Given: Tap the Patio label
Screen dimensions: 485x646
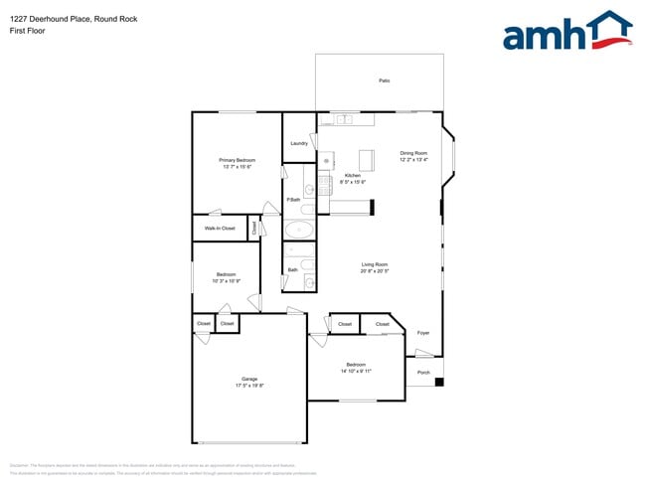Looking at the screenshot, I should coord(384,81).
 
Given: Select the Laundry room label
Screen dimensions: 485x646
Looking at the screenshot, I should coord(298,143).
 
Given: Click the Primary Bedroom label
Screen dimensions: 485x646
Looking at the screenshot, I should coord(238,160).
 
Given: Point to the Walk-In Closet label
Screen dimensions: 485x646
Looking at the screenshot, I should coord(220,229).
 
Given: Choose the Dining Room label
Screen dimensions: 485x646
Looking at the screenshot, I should coord(413,153).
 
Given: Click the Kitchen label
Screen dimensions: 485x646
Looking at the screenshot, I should coord(353,175).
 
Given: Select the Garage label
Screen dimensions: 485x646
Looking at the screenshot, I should coord(248,379).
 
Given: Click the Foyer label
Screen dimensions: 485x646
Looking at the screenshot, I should coord(423,333).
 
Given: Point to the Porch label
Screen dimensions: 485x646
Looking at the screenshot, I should coord(423,374).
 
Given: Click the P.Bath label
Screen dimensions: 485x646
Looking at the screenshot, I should coord(293,201).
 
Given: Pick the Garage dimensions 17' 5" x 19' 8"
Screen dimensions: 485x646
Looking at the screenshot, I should coord(248,386).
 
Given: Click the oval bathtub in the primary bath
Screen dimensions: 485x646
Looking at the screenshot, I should coord(298,231).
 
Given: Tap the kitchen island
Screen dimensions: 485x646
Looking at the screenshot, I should coord(367,160).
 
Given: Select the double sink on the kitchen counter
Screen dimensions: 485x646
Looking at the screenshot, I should coord(343,120).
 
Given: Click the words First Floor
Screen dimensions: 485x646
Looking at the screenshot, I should coord(28,31).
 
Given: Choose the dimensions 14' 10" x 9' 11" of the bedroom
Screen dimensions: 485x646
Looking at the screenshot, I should coord(356,371).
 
